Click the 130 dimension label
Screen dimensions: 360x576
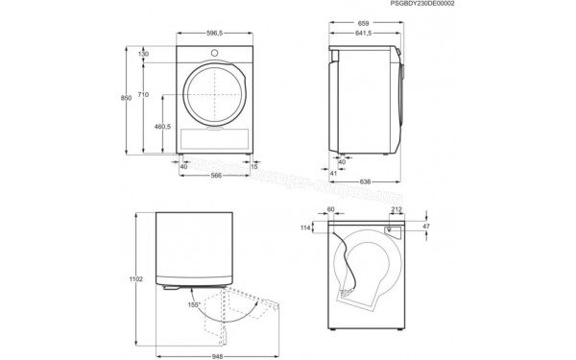[143, 54]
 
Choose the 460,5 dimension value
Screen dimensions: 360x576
[162, 127]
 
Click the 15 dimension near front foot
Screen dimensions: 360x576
[253, 166]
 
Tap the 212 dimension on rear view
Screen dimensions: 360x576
[396, 208]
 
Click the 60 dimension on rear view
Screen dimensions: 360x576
[331, 208]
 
